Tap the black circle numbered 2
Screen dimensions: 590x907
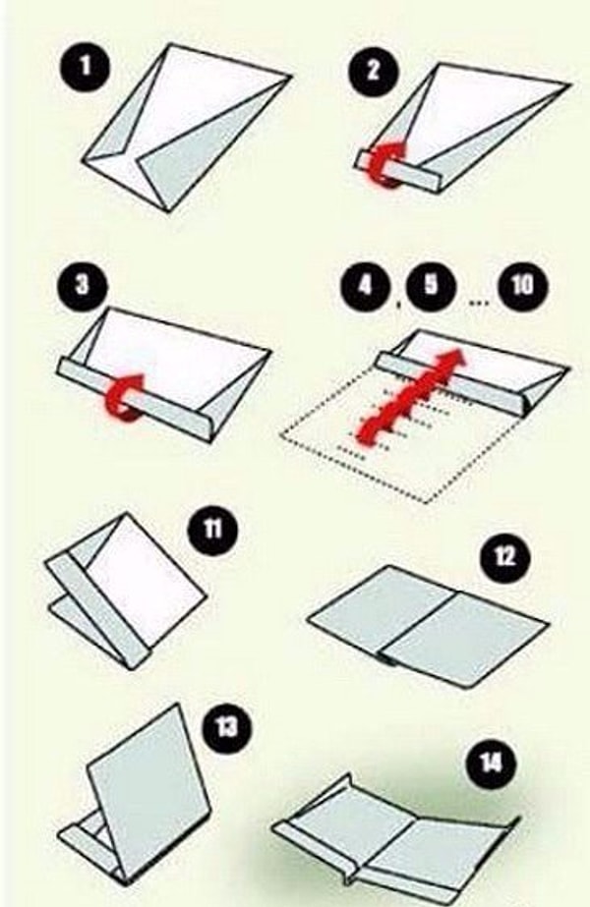click(374, 70)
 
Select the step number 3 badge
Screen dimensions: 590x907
click(83, 284)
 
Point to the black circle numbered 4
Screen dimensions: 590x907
click(364, 285)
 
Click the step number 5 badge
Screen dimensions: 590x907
click(431, 285)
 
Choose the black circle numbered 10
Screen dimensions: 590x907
click(522, 285)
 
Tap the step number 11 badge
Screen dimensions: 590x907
click(212, 529)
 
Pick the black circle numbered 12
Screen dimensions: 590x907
click(504, 556)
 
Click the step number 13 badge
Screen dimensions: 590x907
click(226, 726)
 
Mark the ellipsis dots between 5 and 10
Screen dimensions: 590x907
click(478, 303)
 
